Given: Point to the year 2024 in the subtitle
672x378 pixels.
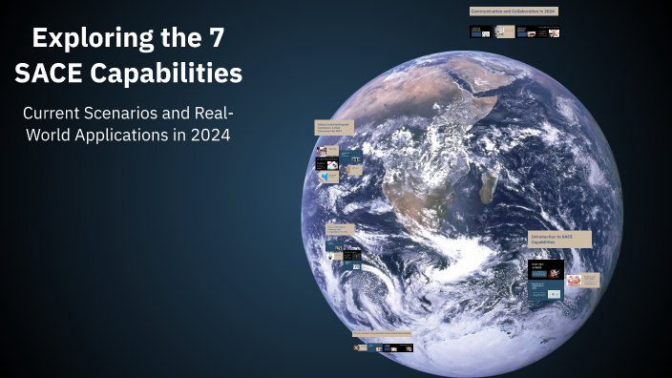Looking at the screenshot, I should pyautogui.click(x=210, y=135).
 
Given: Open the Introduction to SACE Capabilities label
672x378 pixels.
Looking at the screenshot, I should pyautogui.click(x=559, y=239).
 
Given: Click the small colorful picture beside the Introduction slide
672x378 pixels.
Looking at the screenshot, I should pyautogui.click(x=574, y=281).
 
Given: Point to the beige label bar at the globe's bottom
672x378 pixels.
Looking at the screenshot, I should pyautogui.click(x=382, y=334).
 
